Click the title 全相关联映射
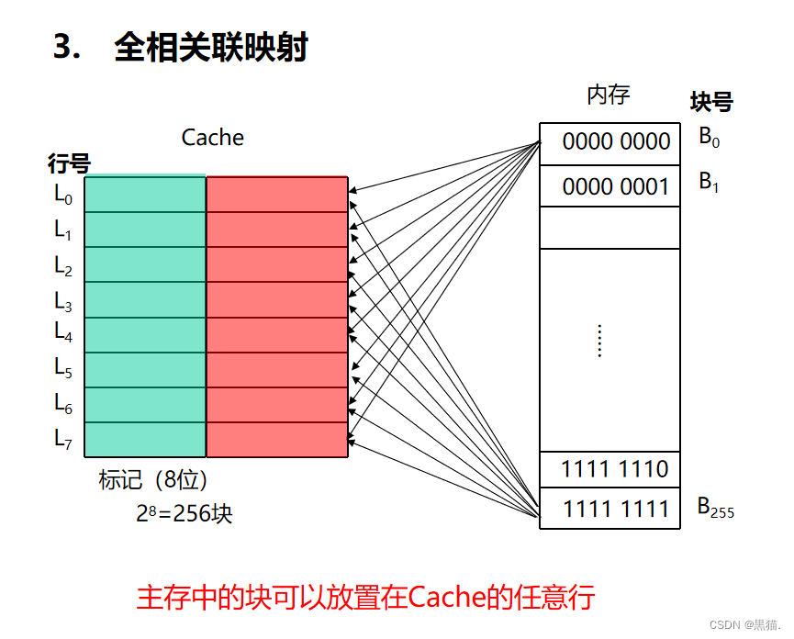[210, 48]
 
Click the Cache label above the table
[213, 138]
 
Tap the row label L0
[62, 195]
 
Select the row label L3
[62, 300]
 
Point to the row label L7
[62, 439]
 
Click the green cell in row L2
[145, 264]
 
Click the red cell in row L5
[276, 370]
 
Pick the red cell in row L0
[276, 195]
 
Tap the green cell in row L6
[145, 405]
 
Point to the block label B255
[716, 508]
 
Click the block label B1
[709, 182]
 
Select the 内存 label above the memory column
[608, 95]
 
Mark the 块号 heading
[711, 102]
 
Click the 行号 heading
[69, 164]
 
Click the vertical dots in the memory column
[598, 341]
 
